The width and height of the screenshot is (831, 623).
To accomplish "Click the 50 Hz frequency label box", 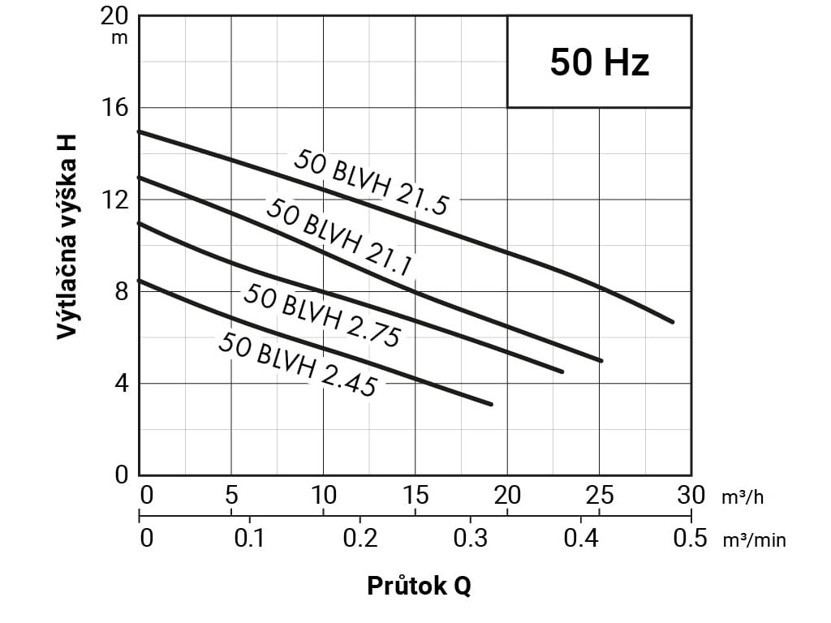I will pyautogui.click(x=599, y=62).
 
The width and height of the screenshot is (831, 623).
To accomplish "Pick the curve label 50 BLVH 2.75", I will pyautogui.click(x=321, y=316).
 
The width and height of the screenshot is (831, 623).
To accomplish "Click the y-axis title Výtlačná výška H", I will pyautogui.click(x=68, y=235).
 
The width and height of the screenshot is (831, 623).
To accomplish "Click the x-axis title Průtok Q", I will pyautogui.click(x=419, y=586).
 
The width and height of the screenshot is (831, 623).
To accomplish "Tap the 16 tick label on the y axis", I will pyautogui.click(x=118, y=108).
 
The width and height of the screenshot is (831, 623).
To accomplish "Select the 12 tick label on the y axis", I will pyautogui.click(x=118, y=200).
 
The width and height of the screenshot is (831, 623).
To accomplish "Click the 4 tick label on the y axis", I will pyautogui.click(x=123, y=383).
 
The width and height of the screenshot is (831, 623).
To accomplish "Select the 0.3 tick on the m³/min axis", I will pyautogui.click(x=470, y=538).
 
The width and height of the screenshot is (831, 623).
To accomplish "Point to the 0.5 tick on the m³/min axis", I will pyautogui.click(x=691, y=538).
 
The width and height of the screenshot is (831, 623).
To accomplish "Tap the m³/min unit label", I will pyautogui.click(x=754, y=540).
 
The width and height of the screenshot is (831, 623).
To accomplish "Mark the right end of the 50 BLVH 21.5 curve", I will pyautogui.click(x=673, y=322).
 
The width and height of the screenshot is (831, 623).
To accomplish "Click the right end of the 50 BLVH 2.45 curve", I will pyautogui.click(x=491, y=404).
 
